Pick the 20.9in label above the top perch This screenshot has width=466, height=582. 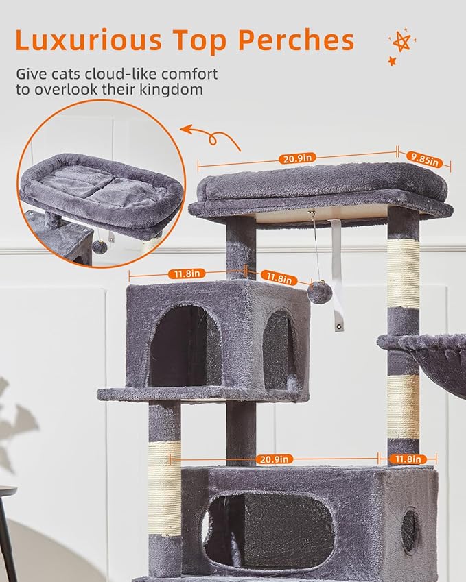point(296,158)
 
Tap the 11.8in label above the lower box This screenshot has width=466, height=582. point(406,459)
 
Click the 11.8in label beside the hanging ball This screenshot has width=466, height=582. point(278,278)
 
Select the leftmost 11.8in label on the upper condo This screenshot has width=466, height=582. point(185,274)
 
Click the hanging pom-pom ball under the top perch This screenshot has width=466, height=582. point(319,292)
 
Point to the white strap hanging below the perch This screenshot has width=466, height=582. point(336,274)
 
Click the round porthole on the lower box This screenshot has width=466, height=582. point(409,531)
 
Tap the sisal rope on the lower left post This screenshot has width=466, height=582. point(165,487)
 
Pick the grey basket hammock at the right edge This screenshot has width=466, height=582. point(432,356)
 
